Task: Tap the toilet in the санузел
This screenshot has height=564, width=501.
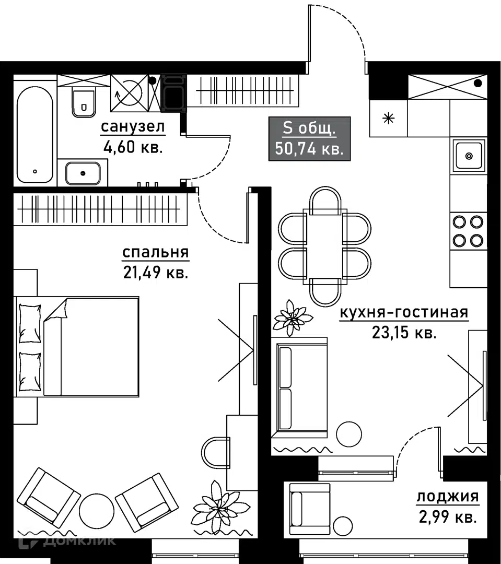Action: (83, 101)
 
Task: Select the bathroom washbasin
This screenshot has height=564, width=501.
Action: (83, 173)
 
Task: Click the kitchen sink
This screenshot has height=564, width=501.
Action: (469, 156)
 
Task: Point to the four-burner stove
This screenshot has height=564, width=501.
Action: (468, 231)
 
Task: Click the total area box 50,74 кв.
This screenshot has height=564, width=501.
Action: (309, 138)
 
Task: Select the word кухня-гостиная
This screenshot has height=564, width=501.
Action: (403, 313)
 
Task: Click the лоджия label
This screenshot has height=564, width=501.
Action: (447, 497)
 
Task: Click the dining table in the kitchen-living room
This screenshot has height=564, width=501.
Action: (324, 245)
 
